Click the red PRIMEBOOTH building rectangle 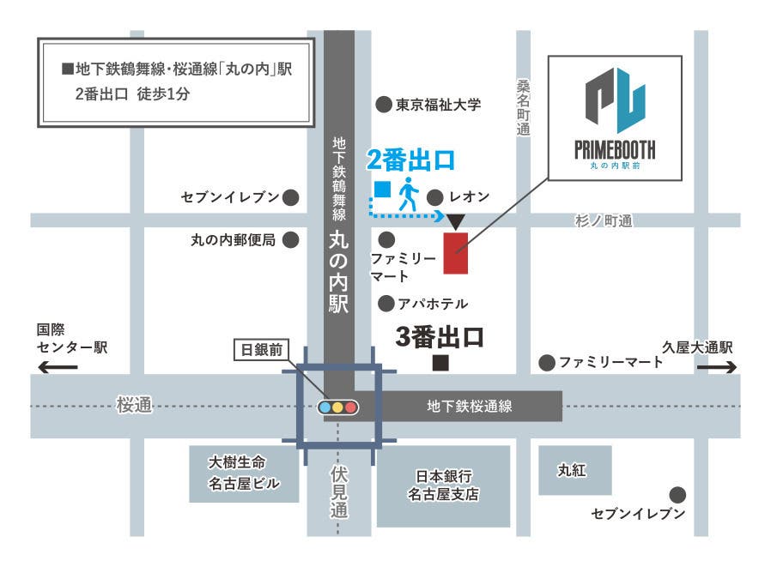click(x=455, y=252)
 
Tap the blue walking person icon click(x=407, y=194)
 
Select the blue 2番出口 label click(x=410, y=159)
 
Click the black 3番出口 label click(x=440, y=337)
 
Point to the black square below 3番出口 click(x=440, y=363)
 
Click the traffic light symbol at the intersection click(x=337, y=407)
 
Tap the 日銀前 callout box click(x=262, y=349)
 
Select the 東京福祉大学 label click(x=438, y=105)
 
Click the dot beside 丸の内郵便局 click(x=291, y=239)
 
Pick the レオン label click(x=470, y=196)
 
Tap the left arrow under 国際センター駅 click(x=57, y=367)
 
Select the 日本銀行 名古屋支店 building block click(x=443, y=486)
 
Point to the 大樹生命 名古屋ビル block click(x=244, y=473)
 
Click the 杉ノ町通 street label click(x=603, y=221)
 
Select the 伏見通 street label click(x=338, y=492)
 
